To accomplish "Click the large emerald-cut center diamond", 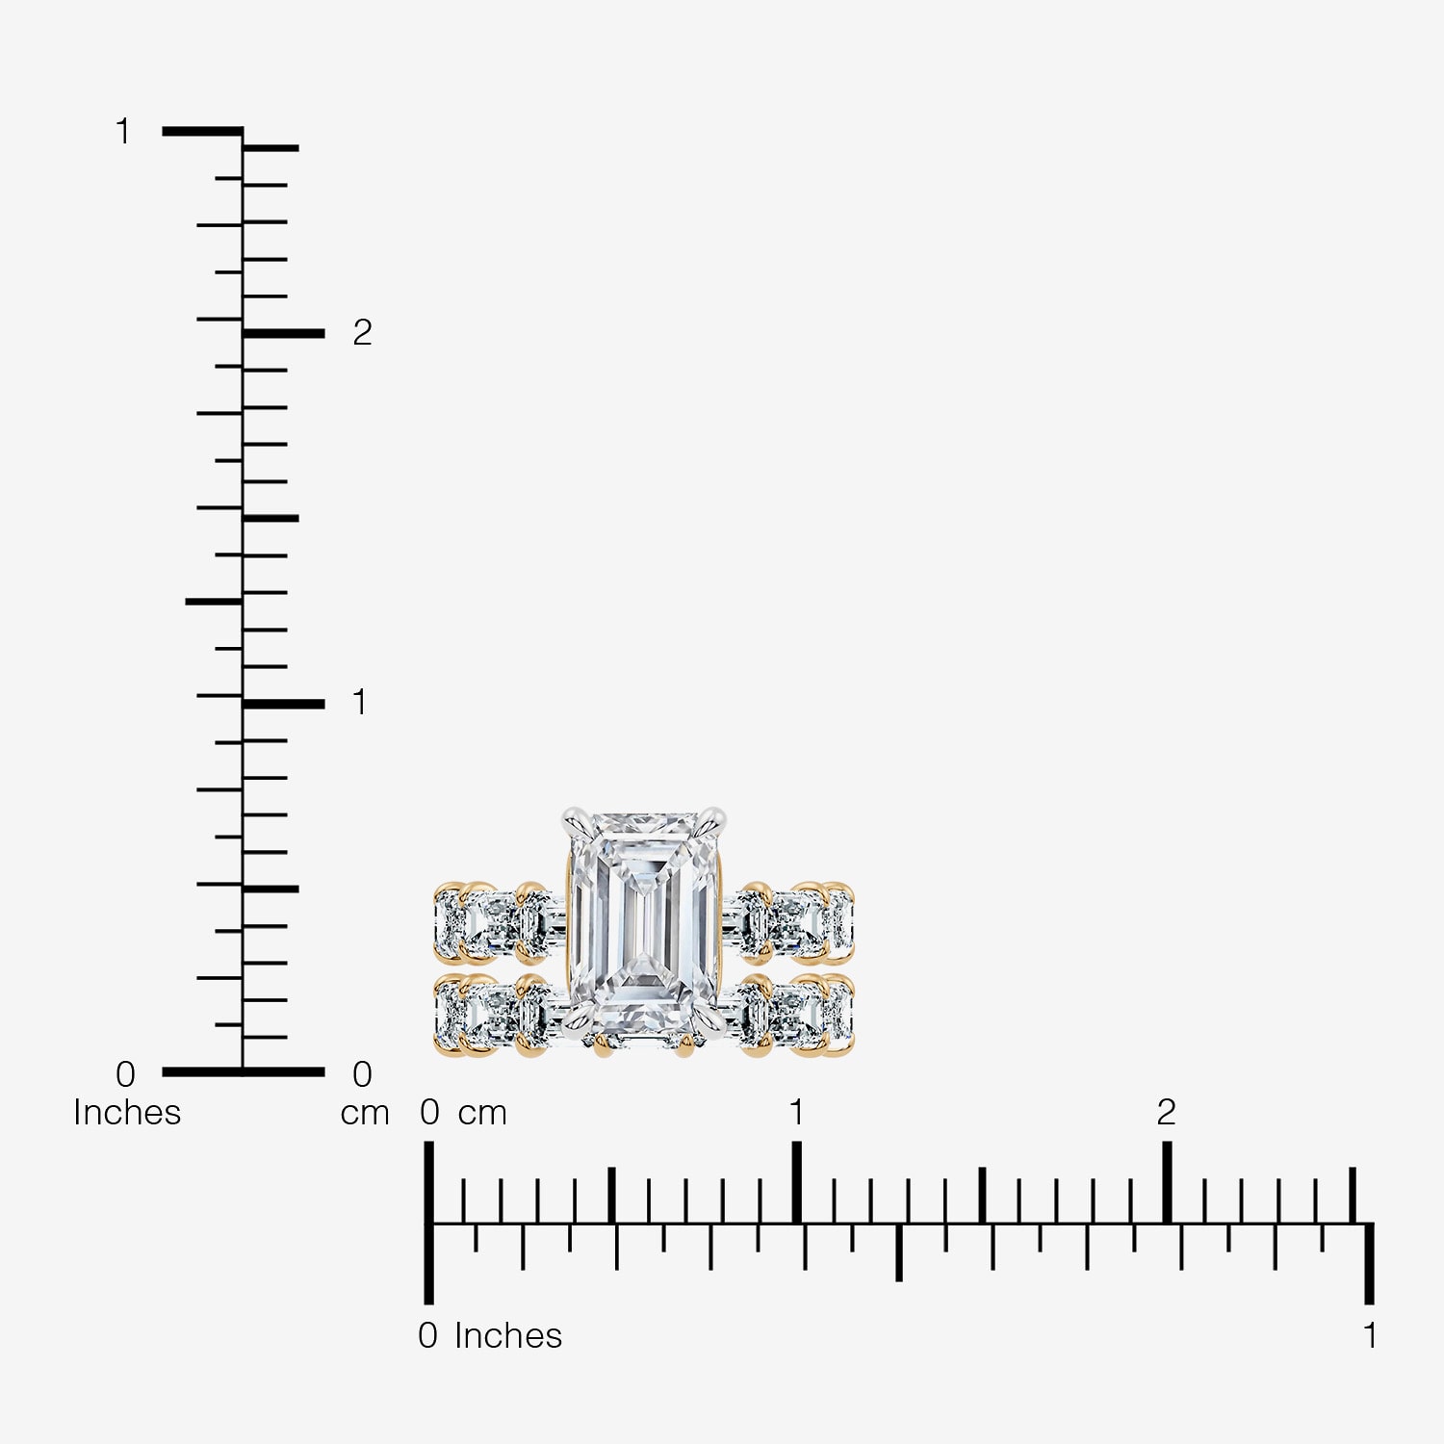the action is point(644,921).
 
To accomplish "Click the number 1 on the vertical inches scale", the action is point(122,131).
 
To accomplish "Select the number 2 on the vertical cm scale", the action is point(362,332).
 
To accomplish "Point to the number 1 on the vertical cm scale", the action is point(360,702).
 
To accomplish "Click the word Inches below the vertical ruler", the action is point(127,1112).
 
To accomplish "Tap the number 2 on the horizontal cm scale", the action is point(1166,1112).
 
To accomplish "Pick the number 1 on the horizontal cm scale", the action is point(796,1112).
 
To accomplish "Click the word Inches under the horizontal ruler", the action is point(508,1335).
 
